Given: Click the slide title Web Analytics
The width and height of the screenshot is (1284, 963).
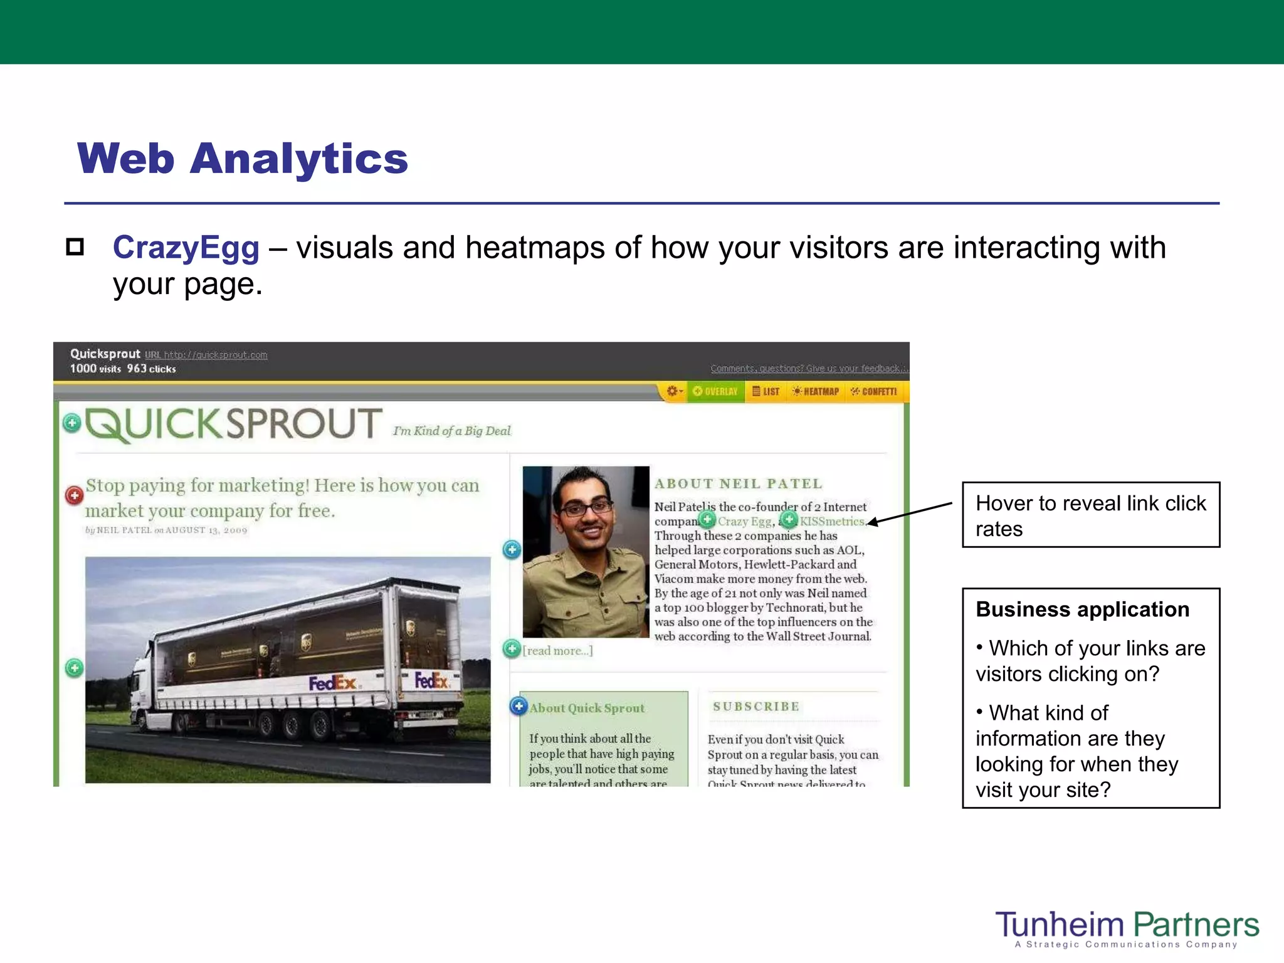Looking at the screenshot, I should [x=242, y=158].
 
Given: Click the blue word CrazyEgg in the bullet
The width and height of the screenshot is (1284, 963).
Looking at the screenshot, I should [x=186, y=248].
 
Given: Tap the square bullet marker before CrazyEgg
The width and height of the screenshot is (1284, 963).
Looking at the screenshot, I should [x=75, y=247].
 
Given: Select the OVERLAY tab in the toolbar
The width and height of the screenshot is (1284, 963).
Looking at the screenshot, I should [x=715, y=392].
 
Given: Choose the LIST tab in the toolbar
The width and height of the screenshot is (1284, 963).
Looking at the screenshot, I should [x=766, y=392].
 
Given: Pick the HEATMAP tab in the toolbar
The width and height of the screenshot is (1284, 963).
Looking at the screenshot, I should [x=816, y=392].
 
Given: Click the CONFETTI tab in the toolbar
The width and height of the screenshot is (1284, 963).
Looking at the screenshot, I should [x=874, y=392].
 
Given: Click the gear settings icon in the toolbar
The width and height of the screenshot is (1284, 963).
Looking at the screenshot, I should [x=673, y=391].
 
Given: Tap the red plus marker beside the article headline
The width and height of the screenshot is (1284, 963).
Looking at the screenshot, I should [x=75, y=495].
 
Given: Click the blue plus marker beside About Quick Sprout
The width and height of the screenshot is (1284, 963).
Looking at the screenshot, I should [x=518, y=706].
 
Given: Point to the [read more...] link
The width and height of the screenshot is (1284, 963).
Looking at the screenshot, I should [x=557, y=651].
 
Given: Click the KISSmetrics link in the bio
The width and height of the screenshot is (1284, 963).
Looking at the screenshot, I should [x=832, y=522].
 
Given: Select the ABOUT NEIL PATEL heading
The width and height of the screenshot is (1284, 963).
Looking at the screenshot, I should [x=738, y=483].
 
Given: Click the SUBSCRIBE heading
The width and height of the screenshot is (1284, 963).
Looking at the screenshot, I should [x=756, y=707].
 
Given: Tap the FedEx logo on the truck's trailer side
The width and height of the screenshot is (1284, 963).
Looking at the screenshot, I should [x=332, y=682].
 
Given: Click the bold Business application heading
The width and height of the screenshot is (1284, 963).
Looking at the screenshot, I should [x=1082, y=609].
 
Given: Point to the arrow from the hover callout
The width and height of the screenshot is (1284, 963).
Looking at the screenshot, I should [x=909, y=513].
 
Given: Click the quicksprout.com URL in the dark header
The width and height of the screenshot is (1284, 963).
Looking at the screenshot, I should [x=215, y=355].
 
